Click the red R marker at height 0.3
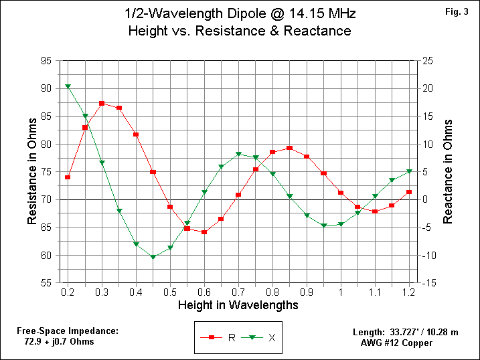click(102, 103)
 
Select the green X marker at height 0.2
click(68, 86)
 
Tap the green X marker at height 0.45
click(153, 257)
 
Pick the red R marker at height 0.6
click(204, 232)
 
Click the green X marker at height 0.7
click(238, 155)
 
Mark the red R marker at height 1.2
click(409, 192)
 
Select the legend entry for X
click(260, 337)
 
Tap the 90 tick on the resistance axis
click(46, 88)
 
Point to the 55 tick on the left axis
click(46, 283)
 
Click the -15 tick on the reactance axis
click(431, 283)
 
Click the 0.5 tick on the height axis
click(170, 292)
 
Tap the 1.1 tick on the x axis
click(375, 292)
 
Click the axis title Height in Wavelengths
click(238, 305)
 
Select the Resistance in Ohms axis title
click(31, 172)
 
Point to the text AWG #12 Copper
click(396, 343)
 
